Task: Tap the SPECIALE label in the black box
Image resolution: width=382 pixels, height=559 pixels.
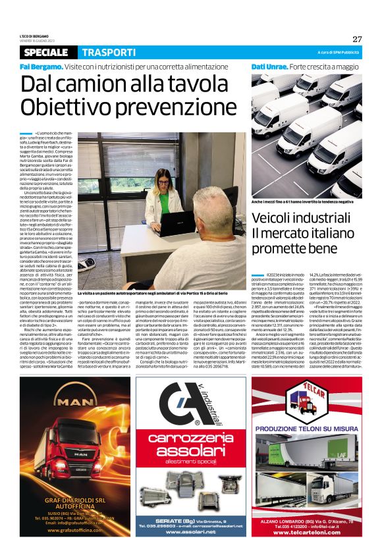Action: tap(48, 53)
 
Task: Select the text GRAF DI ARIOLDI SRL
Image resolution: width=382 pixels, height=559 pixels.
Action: tap(72, 501)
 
